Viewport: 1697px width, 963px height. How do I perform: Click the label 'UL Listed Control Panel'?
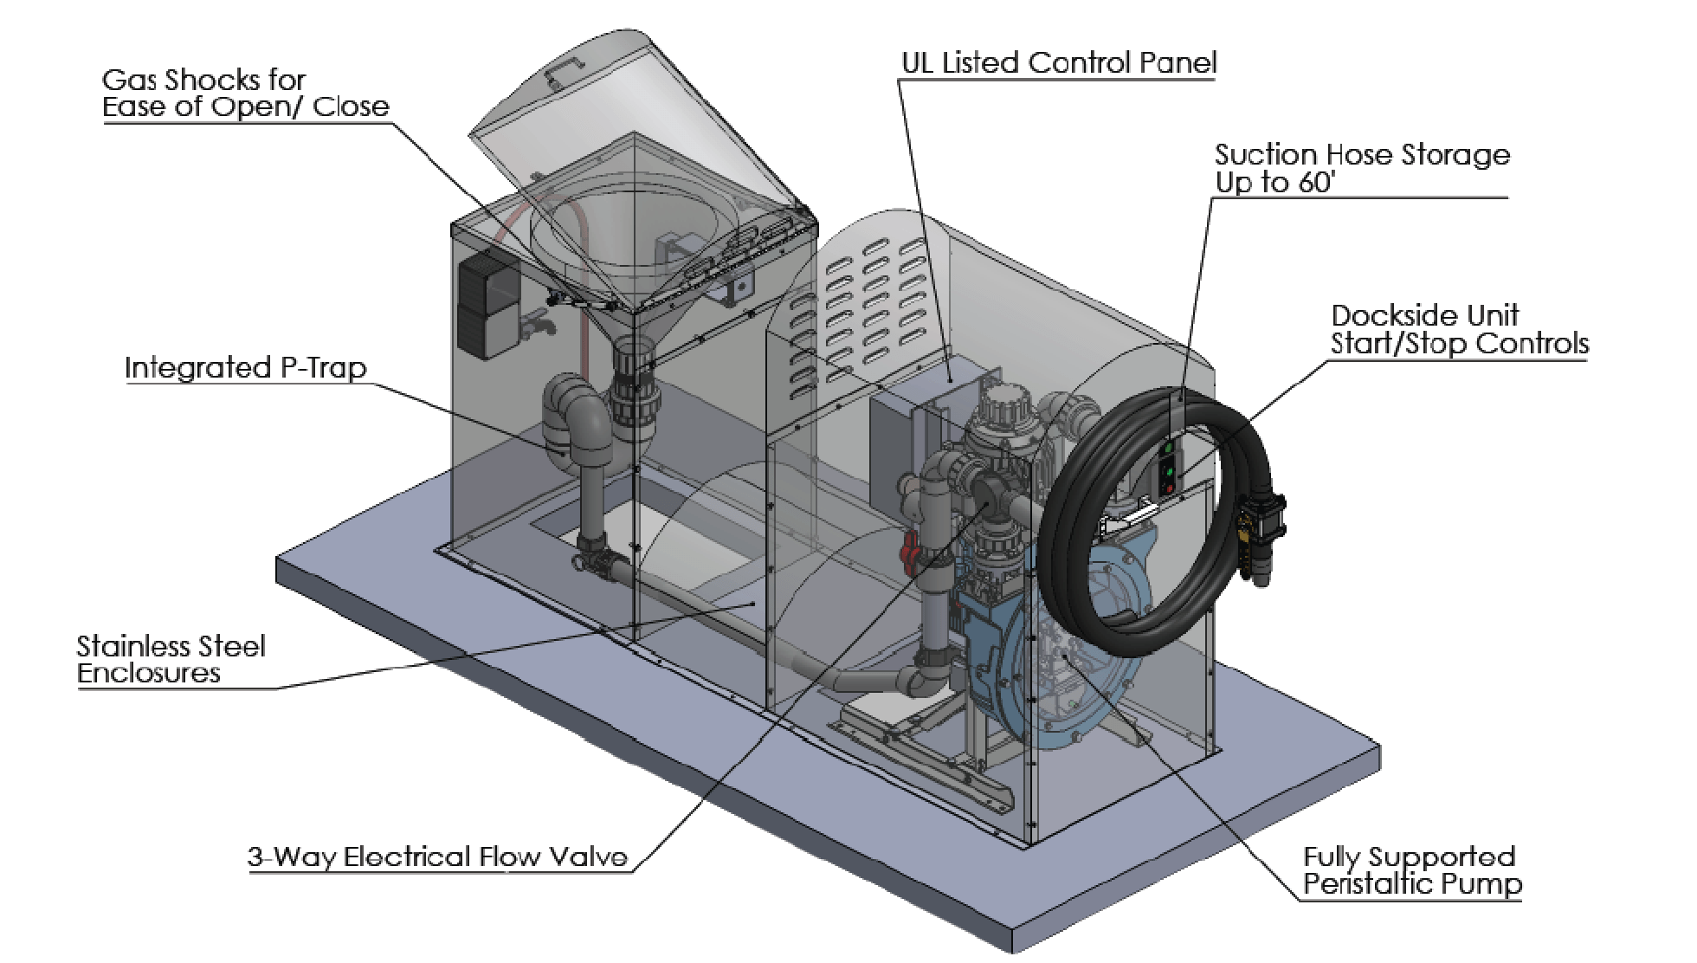pyautogui.click(x=1058, y=63)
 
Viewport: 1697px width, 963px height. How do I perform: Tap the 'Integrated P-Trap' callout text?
pyautogui.click(x=245, y=368)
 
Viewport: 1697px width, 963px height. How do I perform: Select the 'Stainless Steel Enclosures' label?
pyautogui.click(x=171, y=660)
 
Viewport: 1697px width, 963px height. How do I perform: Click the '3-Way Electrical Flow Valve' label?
pyautogui.click(x=437, y=857)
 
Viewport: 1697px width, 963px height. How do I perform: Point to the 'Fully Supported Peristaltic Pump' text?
pyautogui.click(x=1410, y=871)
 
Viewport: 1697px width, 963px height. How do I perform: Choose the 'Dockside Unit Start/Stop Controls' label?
pyautogui.click(x=1459, y=330)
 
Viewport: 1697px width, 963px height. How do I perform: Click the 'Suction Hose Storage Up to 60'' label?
pyautogui.click(x=1361, y=169)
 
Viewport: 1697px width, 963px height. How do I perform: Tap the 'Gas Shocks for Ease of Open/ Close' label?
pyautogui.click(x=245, y=94)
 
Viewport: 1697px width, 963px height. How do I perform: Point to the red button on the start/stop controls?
pyautogui.click(x=1170, y=490)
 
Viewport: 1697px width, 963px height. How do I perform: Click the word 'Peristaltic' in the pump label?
pyautogui.click(x=1368, y=885)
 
